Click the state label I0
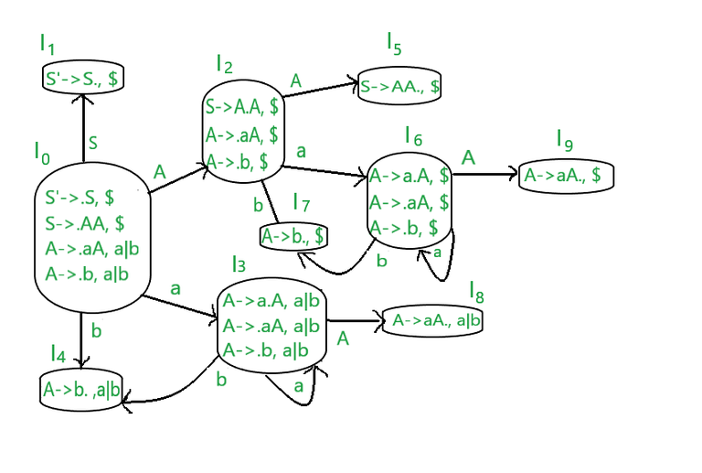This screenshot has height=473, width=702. (42, 154)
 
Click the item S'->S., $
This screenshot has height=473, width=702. (81, 80)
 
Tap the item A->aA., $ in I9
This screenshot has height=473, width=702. (563, 175)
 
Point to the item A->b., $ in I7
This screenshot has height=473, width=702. (293, 237)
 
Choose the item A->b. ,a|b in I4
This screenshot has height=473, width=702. (81, 391)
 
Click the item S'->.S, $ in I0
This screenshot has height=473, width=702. (80, 197)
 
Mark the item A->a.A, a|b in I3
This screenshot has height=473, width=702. (271, 300)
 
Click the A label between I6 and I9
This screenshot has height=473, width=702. (468, 157)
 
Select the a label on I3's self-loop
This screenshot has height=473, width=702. (299, 387)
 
